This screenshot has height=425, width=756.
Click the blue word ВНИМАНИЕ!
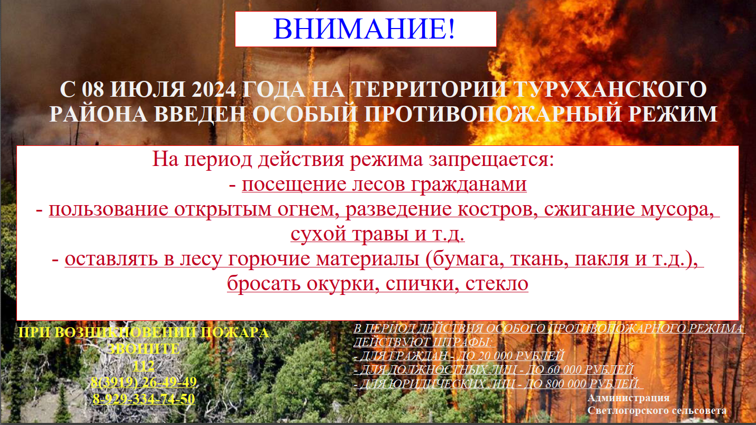pyautogui.click(x=364, y=29)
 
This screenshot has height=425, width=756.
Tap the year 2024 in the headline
pyautogui.click(x=214, y=90)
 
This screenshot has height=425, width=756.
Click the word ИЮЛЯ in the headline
pyautogui.click(x=148, y=90)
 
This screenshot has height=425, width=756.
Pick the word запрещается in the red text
pyautogui.click(x=491, y=160)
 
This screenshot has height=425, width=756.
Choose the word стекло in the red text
pyautogui.click(x=497, y=284)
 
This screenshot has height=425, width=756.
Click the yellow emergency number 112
pyautogui.click(x=143, y=366)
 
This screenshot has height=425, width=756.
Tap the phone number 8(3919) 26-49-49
pyautogui.click(x=143, y=382)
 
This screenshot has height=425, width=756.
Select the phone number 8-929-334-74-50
pyautogui.click(x=143, y=399)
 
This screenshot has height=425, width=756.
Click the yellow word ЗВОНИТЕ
pyautogui.click(x=143, y=349)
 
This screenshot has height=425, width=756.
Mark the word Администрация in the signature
pyautogui.click(x=629, y=399)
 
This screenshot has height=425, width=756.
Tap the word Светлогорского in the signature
pyautogui.click(x=629, y=411)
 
